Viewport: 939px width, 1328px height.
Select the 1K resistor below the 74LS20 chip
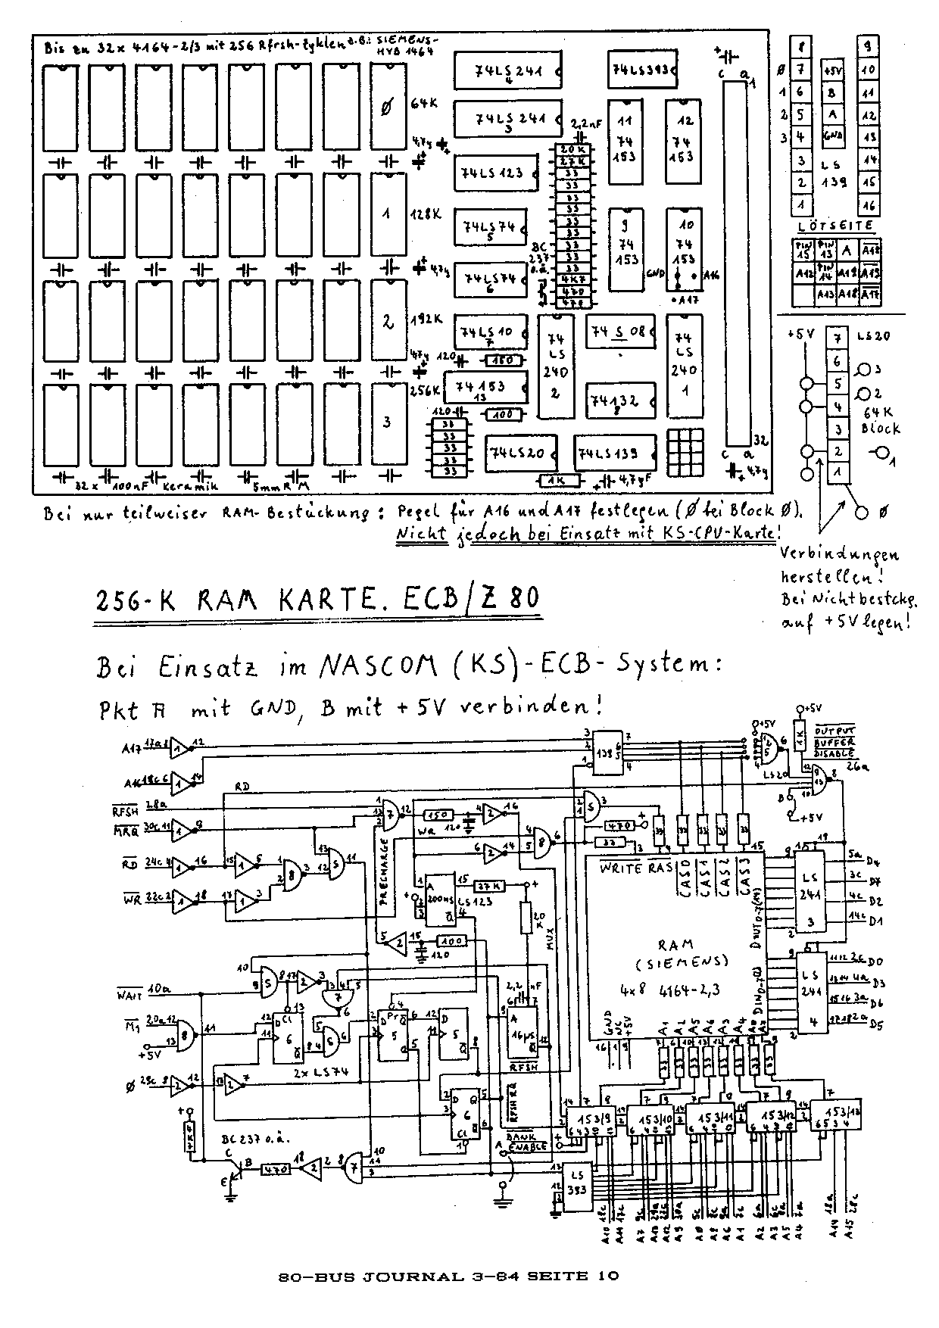tap(559, 480)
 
